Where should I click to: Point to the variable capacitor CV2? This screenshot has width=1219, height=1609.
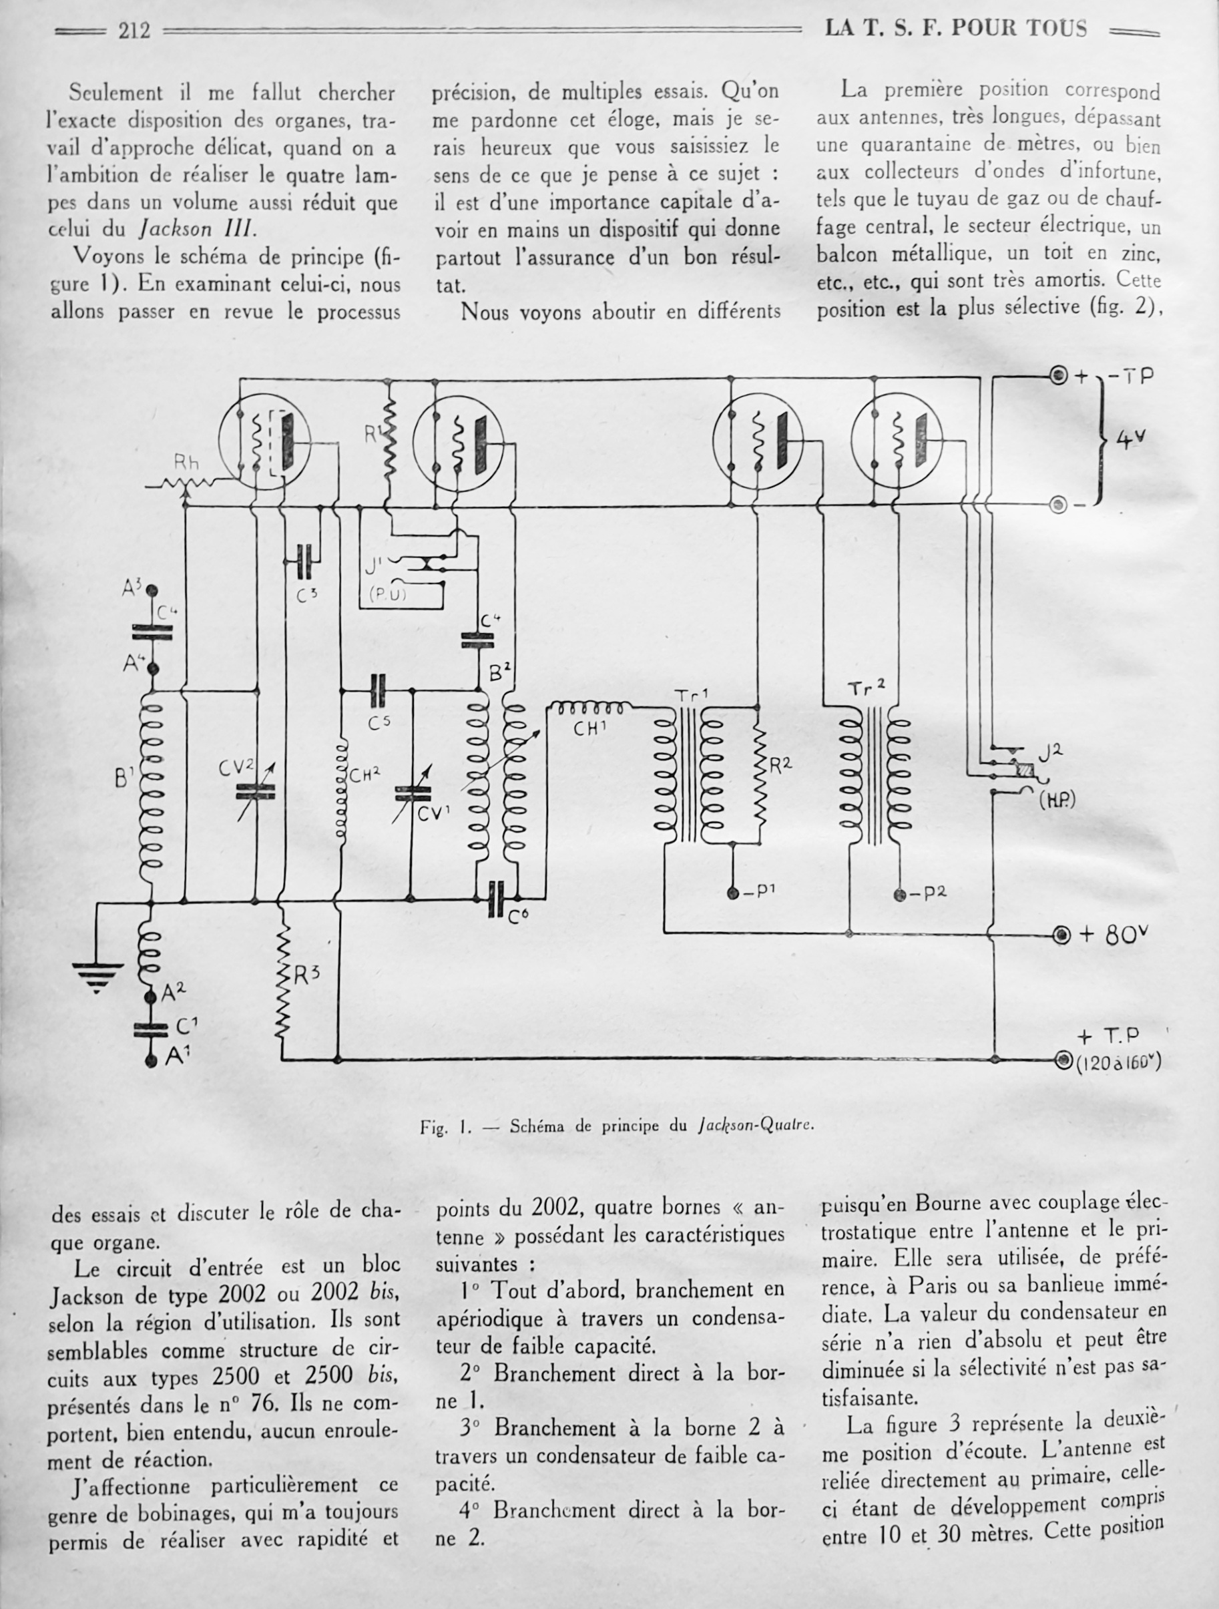[256, 791]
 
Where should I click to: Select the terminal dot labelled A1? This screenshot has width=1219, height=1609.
[152, 1061]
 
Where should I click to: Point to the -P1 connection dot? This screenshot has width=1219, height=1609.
[733, 892]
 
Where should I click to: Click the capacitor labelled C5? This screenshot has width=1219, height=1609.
[379, 691]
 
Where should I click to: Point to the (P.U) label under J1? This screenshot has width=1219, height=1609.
[388, 594]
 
